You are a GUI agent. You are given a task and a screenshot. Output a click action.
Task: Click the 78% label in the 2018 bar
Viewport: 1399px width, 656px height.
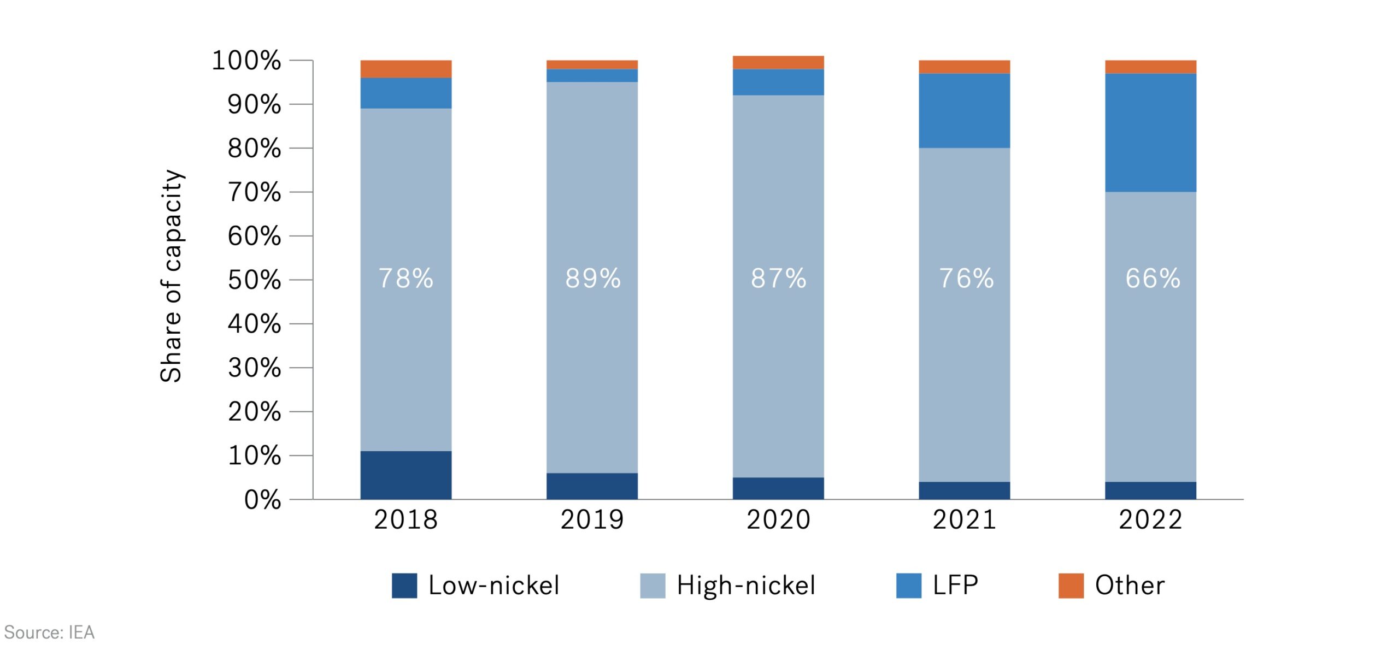coord(405,278)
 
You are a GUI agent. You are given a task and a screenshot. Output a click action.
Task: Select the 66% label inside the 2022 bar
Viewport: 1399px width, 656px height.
coord(1152,278)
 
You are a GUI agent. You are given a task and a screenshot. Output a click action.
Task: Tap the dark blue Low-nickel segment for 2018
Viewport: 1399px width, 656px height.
coord(405,475)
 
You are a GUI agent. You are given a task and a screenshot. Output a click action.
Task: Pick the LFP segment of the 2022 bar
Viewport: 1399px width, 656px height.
coord(1150,133)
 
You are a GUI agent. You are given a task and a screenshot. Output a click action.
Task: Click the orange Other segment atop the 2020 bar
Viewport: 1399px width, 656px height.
coord(778,62)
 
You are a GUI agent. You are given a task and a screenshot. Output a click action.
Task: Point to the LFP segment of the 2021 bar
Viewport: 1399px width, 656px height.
coord(964,111)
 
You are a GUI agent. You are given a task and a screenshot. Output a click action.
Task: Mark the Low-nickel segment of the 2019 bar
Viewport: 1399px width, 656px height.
coord(592,486)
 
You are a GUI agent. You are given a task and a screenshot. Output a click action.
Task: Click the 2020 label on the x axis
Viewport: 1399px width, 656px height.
coord(778,519)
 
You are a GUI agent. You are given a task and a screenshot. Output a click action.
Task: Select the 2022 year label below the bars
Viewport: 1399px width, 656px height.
coord(1150,519)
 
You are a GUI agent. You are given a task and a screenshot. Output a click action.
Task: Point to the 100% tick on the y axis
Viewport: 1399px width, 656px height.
coord(246,61)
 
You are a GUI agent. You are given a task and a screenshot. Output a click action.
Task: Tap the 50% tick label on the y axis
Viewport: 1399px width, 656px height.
coord(255,280)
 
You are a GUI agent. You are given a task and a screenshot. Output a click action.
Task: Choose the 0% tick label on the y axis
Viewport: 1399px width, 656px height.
coord(263,500)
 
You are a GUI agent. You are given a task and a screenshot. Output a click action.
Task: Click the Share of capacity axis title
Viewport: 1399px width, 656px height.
coord(171,276)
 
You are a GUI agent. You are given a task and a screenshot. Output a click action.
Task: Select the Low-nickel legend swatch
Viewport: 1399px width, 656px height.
coord(404,586)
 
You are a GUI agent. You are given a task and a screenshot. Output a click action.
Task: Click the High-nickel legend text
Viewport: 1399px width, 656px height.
coord(745,586)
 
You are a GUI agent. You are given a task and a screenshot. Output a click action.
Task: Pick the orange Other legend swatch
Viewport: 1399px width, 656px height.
coord(1071,586)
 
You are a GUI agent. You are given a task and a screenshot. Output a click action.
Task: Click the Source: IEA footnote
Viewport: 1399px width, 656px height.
coord(49,633)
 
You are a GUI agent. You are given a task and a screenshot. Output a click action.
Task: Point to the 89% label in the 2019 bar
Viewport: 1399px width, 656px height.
coord(592,278)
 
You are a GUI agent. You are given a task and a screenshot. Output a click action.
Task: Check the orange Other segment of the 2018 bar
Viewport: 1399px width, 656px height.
coord(405,69)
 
